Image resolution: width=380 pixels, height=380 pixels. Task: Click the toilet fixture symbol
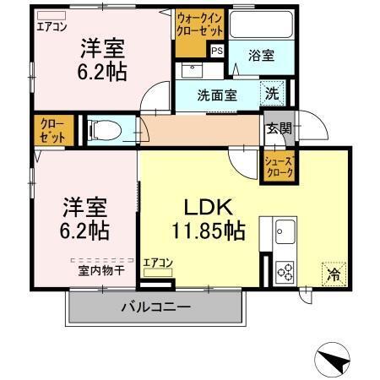coord(103,131)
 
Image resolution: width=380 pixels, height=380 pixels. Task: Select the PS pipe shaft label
coord(217,51)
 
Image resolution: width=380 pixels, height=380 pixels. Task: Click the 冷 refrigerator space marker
coord(334,274)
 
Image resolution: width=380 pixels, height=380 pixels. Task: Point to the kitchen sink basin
coord(284,230)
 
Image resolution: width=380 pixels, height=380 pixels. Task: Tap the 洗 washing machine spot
coord(274,92)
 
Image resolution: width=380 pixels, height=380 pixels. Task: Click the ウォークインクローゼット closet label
coord(200,26)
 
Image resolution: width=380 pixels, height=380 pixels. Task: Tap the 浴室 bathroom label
coord(260,56)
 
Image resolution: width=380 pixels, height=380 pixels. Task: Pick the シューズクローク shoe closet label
coord(280,165)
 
